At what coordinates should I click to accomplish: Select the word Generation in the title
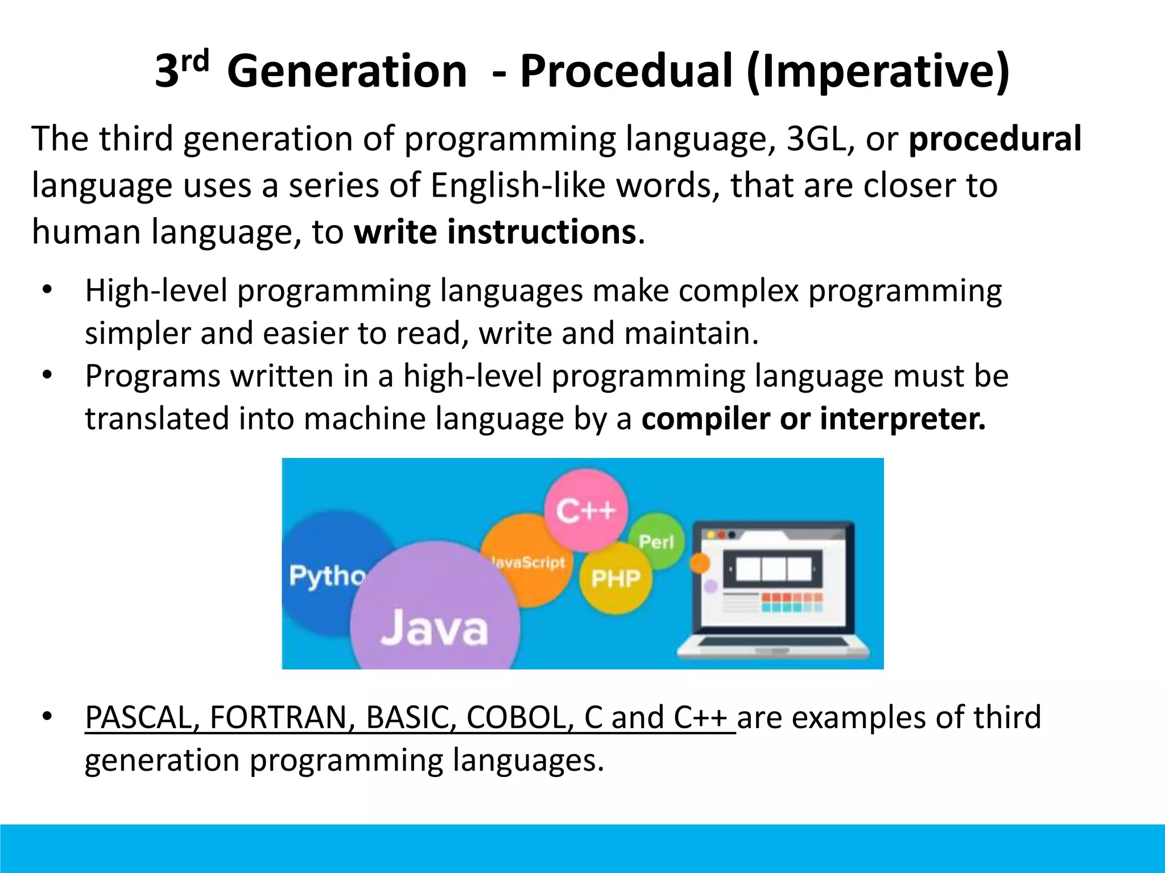pyautogui.click(x=347, y=72)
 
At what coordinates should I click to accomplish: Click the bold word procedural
pyautogui.click(x=994, y=139)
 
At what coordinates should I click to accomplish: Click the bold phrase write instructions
pyautogui.click(x=494, y=232)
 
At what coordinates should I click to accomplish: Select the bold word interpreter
pyautogui.click(x=902, y=419)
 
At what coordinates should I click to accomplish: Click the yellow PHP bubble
pyautogui.click(x=615, y=579)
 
